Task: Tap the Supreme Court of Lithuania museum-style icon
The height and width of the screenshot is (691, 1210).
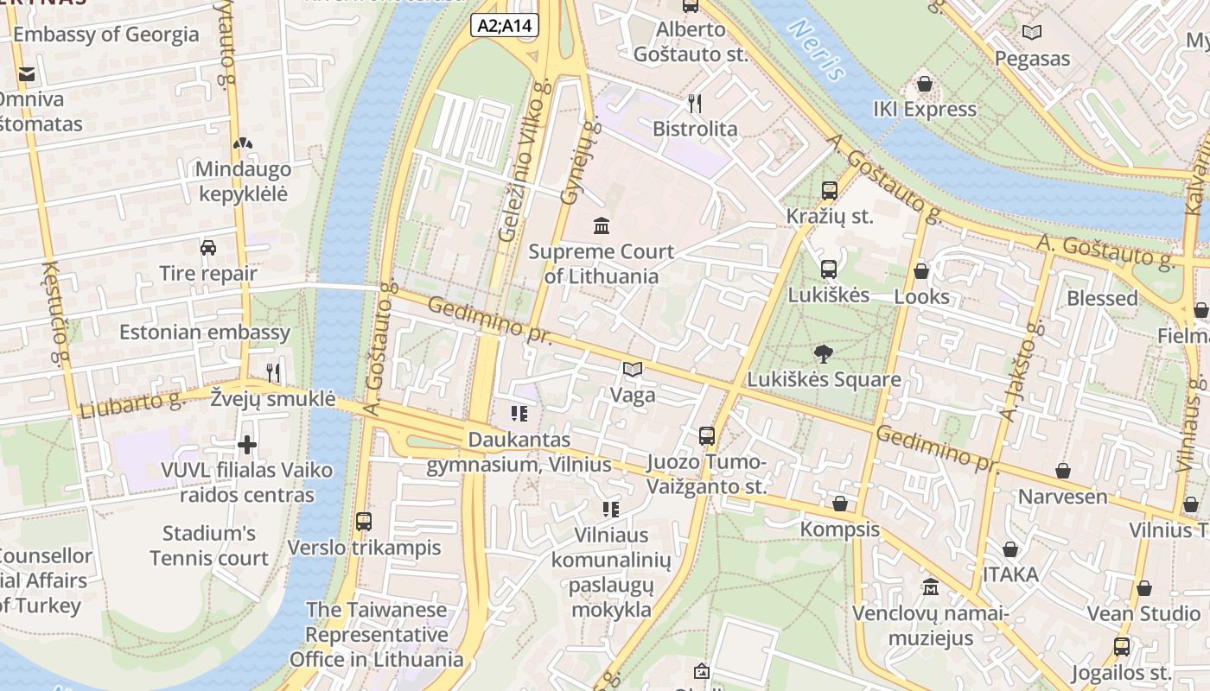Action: point(601,226)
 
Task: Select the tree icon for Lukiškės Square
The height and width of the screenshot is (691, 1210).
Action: point(824,352)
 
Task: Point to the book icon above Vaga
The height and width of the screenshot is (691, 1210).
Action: point(633,370)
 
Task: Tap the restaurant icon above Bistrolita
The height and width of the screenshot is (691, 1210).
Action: point(695,104)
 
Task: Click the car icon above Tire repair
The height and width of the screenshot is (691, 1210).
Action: point(208,248)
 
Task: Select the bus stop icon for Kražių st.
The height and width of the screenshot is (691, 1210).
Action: point(829,190)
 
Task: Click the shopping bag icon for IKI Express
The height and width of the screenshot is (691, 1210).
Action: point(925,84)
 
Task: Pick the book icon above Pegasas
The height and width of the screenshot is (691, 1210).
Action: point(1032,33)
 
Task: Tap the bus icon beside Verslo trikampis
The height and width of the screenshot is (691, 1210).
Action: point(364,522)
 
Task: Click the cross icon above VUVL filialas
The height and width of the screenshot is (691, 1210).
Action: point(247,445)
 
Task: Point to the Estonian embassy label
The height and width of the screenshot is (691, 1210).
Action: point(205,333)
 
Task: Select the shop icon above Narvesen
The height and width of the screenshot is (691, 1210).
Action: point(1063,471)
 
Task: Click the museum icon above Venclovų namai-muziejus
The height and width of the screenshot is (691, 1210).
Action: point(930,587)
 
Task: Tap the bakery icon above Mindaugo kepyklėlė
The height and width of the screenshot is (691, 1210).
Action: point(243,143)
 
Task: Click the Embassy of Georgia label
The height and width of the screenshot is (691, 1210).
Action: point(105,35)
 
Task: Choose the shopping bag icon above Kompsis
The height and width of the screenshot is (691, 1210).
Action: point(839,504)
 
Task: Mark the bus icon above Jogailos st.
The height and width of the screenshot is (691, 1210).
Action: point(1121,646)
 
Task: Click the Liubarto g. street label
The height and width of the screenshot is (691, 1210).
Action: point(132,403)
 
